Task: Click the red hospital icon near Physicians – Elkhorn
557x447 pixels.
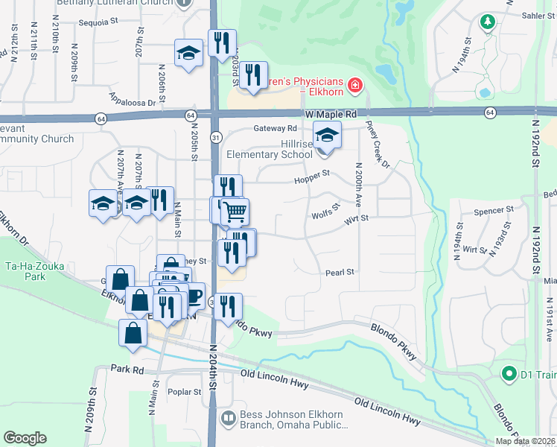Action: (x=355, y=86)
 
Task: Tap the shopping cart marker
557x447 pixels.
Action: (x=235, y=212)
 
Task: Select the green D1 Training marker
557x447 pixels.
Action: (x=509, y=372)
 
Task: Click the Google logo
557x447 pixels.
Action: (x=25, y=438)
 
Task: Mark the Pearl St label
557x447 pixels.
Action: (x=340, y=273)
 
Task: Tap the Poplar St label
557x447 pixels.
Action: (x=187, y=391)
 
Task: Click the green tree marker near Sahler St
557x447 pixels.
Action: (x=488, y=22)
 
